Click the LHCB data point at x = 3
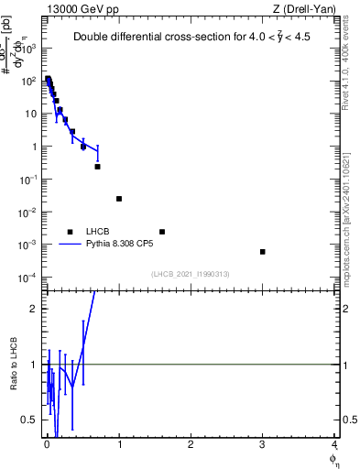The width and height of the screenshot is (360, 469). (262, 252)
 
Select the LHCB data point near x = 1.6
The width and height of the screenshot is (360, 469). (162, 232)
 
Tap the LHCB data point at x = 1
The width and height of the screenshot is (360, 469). (119, 199)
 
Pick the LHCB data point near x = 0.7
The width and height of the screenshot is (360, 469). (97, 167)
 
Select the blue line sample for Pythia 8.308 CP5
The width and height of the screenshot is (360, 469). (70, 245)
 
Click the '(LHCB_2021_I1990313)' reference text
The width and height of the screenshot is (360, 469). (190, 274)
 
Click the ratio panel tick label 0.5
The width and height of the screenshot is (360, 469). (31, 420)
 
